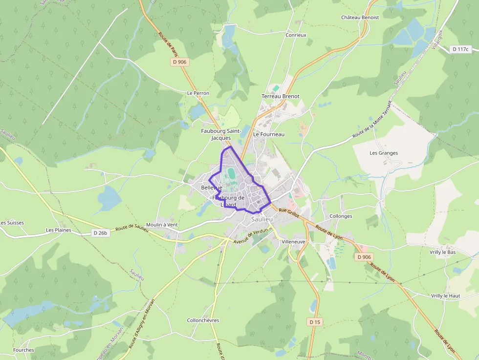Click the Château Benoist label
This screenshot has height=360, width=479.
tap(360, 18)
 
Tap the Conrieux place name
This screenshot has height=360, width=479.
tap(296, 35)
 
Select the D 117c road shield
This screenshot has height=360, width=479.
tap(460, 49)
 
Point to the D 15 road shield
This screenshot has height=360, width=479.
tap(315, 322)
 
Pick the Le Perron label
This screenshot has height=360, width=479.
tap(198, 93)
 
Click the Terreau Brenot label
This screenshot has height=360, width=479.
tap(280, 96)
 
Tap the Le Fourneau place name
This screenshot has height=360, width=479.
tap(268, 134)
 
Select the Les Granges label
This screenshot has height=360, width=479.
tap(384, 153)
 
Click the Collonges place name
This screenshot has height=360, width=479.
tap(341, 216)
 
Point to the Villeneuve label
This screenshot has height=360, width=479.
tap(293, 242)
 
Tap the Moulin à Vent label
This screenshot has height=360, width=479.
tap(162, 225)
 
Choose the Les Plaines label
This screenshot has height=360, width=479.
tap(59, 230)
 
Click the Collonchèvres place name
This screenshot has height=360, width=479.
tap(203, 320)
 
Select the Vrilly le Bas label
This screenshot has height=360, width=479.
tap(442, 252)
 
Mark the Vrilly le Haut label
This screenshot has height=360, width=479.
tap(445, 296)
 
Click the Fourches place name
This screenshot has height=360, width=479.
tap(23, 350)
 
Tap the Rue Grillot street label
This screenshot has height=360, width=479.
tap(288, 211)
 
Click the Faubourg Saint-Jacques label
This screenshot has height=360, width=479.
tap(221, 134)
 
